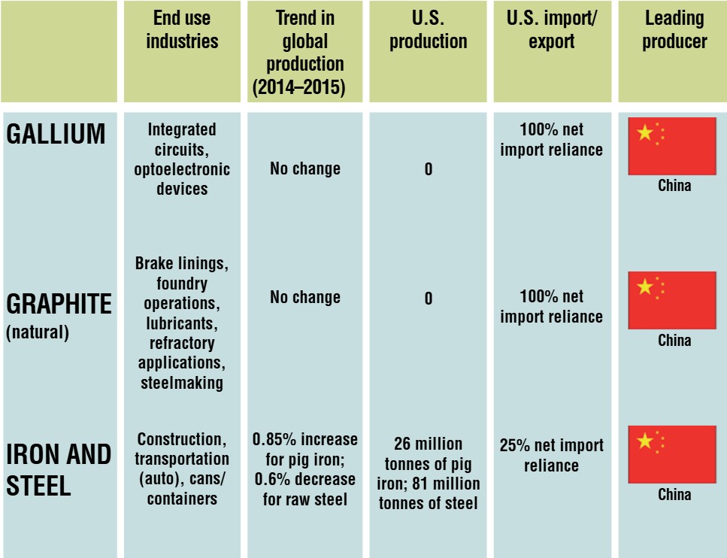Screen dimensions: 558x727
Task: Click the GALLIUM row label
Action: point(56,134)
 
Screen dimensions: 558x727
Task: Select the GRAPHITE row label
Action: point(59,304)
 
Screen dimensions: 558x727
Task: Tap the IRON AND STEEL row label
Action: point(59,469)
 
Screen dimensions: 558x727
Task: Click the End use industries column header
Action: point(182,29)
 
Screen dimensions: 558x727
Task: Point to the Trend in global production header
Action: point(305,53)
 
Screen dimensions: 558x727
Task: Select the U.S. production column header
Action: point(429,29)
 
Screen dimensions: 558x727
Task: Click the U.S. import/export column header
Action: point(552,29)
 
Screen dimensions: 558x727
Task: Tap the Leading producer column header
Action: point(674,29)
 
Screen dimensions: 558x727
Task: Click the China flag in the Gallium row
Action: point(672,146)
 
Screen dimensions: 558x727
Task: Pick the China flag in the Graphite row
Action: point(672,300)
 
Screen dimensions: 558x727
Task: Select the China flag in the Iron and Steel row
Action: point(672,454)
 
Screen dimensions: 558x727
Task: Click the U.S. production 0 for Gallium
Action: point(429,169)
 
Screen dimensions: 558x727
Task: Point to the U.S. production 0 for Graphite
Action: point(429,299)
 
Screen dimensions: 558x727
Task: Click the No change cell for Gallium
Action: point(305,169)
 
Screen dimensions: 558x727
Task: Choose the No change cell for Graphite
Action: point(305,298)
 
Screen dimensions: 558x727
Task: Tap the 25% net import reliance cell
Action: point(552,455)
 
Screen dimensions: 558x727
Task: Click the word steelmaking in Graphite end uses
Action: point(182,383)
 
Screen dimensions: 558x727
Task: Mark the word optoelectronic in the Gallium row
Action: point(182,169)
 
